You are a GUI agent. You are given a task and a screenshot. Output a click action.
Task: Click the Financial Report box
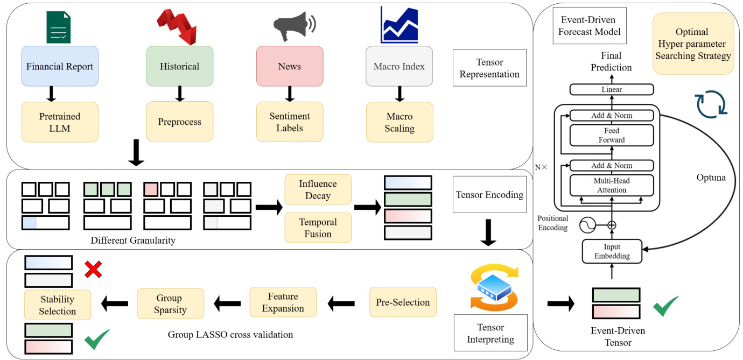pos(60,66)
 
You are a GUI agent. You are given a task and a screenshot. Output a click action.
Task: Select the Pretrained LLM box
pos(60,122)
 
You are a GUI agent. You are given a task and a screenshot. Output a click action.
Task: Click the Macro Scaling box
pos(399,122)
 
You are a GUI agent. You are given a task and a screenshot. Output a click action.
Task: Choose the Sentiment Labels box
pos(290,122)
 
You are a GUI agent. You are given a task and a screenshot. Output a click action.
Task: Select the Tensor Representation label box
pos(489,68)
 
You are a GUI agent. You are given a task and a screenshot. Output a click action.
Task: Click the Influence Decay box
pos(318,189)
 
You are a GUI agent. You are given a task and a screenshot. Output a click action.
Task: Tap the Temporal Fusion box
pos(318,228)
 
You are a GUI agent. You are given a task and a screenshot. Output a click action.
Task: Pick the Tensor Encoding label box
pos(489,194)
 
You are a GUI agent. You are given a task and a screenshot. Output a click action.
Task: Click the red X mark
pos(94,269)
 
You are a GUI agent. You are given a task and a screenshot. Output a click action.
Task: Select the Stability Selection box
pos(58,305)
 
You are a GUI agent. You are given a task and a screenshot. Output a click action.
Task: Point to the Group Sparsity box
pos(170,304)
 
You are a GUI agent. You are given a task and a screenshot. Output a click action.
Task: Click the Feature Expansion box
pos(283,302)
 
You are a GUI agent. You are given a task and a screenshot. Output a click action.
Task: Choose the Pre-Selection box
pos(403,302)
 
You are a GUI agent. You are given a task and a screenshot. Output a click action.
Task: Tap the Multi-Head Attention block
pos(611,185)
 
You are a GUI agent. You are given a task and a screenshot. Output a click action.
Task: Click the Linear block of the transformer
pos(611,89)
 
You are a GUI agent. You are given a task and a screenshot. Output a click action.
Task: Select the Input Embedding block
pos(611,251)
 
